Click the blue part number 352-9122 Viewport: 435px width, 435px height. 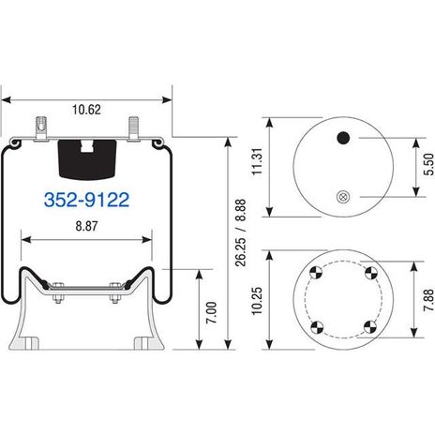(86, 200)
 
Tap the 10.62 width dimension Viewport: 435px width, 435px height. (86, 110)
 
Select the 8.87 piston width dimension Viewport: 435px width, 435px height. (86, 226)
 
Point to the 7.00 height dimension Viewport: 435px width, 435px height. (211, 312)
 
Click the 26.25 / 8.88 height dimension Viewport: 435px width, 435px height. (241, 232)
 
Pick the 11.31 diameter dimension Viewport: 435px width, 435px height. (258, 161)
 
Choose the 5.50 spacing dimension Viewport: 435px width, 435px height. (428, 164)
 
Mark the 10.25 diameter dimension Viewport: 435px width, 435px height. (258, 301)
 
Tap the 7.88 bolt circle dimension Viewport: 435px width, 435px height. (428, 300)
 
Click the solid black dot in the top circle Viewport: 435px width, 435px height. (343, 138)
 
